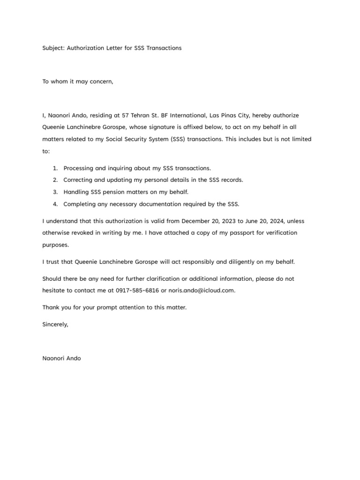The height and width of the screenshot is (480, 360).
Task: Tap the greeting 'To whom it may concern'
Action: point(78,82)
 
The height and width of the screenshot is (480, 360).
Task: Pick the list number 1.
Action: point(55,168)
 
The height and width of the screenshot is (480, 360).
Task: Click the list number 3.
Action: point(55,192)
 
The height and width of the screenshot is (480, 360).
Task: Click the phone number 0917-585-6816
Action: point(137,290)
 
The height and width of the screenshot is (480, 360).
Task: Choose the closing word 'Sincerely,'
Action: point(55,324)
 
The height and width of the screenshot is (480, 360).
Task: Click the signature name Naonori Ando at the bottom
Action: point(61,359)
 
